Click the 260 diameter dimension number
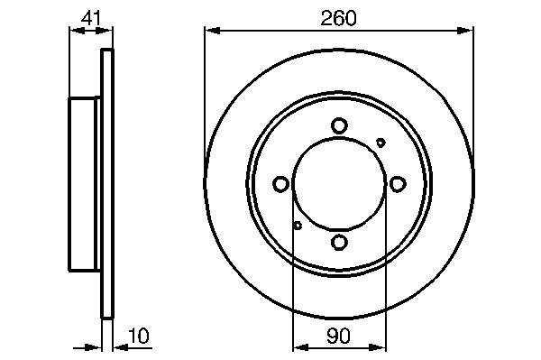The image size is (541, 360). click(338, 18)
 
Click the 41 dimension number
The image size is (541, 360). click(91, 18)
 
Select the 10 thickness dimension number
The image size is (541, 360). click(139, 336)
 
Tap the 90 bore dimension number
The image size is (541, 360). click(338, 336)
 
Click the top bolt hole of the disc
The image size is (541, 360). click(339, 125)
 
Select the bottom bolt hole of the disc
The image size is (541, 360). click(339, 242)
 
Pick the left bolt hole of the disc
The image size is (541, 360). click(280, 184)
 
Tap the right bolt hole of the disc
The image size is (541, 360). click(398, 184)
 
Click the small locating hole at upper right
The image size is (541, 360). click(381, 143)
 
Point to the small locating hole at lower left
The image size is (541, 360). click(298, 226)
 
